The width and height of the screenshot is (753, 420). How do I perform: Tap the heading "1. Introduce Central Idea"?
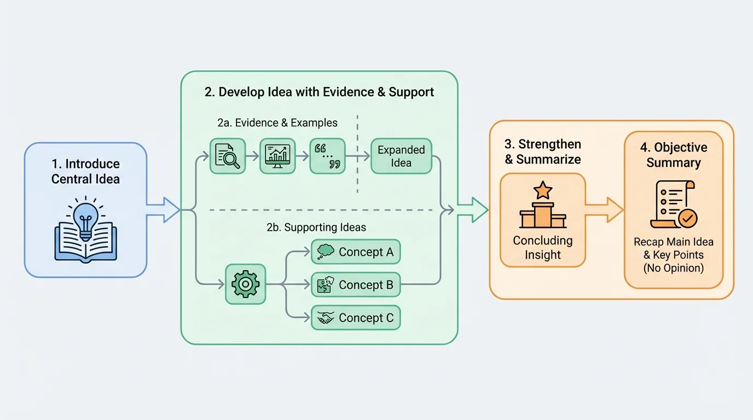tap(85, 171)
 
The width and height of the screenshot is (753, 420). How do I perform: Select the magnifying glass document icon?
tap(228, 156)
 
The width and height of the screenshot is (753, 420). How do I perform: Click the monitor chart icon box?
tap(277, 156)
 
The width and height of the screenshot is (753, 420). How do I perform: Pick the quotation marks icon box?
tap(328, 156)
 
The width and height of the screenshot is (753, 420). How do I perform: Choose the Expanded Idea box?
tap(401, 156)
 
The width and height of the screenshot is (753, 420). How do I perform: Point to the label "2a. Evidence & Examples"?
tap(277, 122)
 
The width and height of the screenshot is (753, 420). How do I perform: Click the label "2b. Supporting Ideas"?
tap(316, 227)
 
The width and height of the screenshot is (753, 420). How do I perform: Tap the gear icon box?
tap(245, 284)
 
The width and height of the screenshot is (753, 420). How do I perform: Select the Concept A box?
tap(356, 252)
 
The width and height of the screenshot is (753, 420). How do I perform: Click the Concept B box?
tap(356, 285)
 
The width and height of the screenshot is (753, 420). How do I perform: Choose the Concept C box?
tap(356, 318)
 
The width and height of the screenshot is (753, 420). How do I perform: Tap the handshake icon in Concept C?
tap(326, 318)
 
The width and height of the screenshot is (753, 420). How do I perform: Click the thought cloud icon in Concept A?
tap(326, 252)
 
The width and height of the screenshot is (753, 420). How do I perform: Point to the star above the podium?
tap(543, 190)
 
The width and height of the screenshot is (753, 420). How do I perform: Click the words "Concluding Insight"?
tap(543, 248)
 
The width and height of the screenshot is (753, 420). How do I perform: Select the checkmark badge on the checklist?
tap(687, 219)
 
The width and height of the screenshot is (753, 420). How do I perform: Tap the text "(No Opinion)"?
tap(674, 268)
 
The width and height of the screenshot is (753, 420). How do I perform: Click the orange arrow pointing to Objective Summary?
tap(605, 209)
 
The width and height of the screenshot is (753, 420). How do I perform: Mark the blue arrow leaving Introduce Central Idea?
tap(163, 209)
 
